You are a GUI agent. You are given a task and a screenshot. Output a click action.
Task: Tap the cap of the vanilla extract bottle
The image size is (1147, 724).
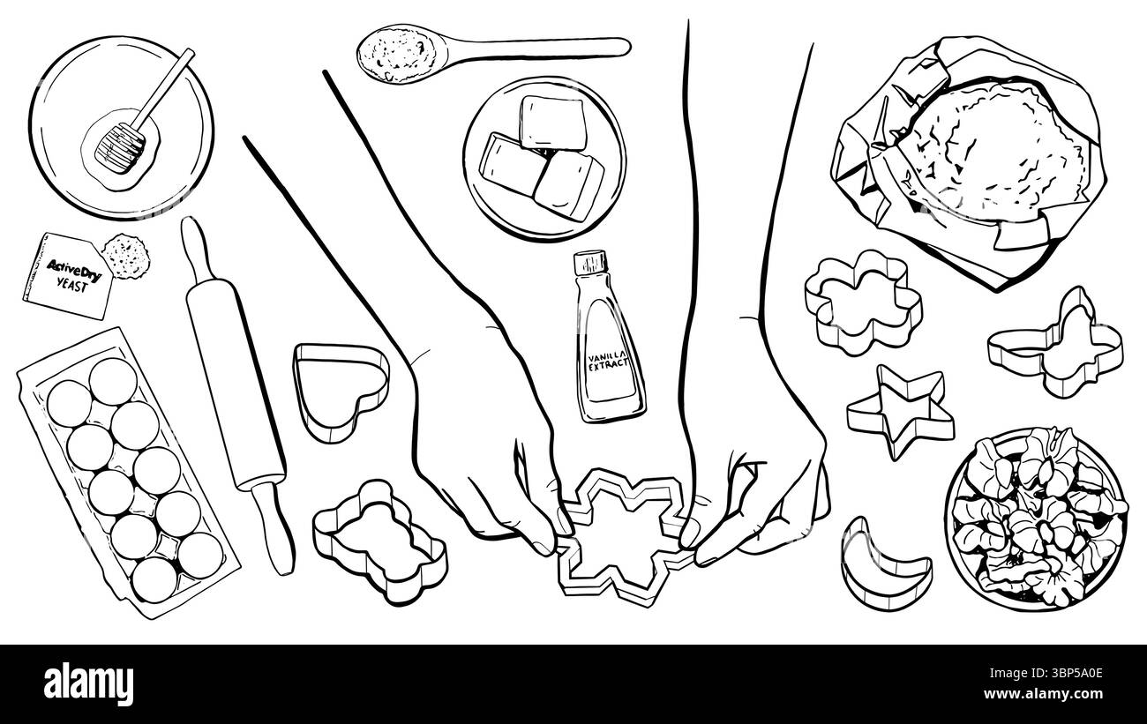[590, 263]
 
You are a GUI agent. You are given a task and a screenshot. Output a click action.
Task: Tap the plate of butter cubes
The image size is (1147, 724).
[544, 160]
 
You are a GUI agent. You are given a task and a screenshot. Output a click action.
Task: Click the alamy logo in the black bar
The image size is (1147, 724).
[88, 684]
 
